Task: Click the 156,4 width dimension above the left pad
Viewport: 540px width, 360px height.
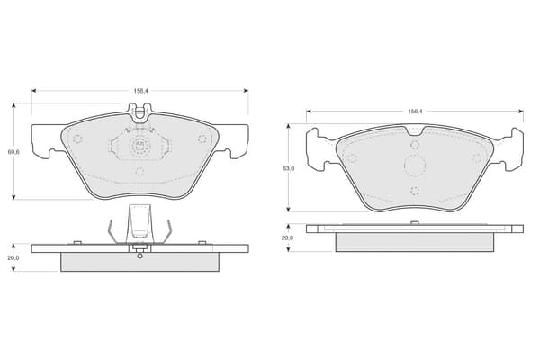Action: (140, 91)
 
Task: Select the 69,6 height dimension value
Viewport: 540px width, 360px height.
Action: (13, 151)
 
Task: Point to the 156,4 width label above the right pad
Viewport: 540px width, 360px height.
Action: (415, 112)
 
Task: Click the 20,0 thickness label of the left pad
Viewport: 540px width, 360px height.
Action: (13, 257)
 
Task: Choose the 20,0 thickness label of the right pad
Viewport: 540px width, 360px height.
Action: (288, 238)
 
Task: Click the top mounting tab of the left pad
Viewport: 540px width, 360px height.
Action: (139, 112)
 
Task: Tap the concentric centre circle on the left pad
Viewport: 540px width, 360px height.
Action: (139, 147)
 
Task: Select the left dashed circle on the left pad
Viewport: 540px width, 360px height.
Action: (77, 139)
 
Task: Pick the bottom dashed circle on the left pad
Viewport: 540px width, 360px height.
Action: (139, 172)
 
